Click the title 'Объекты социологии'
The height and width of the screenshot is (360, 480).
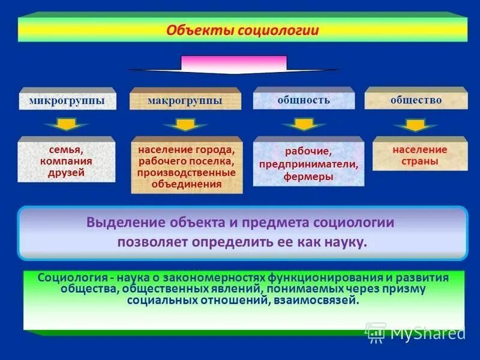tap(242, 30)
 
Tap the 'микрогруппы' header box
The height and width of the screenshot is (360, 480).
tap(67, 101)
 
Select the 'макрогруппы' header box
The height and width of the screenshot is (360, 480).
tap(185, 101)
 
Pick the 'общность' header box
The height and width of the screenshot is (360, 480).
tap(304, 100)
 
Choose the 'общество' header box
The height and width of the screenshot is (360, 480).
tap(416, 100)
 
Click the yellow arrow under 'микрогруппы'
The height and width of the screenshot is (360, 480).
tap(67, 125)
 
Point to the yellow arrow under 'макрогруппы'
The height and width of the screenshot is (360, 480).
tap(185, 125)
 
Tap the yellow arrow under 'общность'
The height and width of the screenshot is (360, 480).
tap(304, 124)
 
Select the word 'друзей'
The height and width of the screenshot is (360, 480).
tap(66, 173)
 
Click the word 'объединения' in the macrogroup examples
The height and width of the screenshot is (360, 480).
tap(187, 184)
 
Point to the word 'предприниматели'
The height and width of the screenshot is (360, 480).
tap(308, 164)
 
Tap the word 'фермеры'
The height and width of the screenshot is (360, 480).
tap(309, 177)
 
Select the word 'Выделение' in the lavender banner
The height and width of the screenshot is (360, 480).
tap(117, 222)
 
